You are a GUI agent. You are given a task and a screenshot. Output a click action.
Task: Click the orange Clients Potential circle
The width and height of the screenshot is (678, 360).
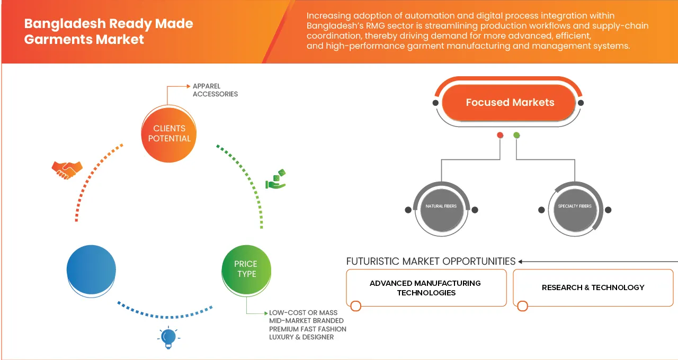[x=169, y=133]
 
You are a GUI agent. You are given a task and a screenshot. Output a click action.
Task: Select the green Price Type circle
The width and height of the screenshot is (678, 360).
[x=246, y=269]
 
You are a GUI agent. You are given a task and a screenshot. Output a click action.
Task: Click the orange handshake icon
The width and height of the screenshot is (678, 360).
[x=67, y=169]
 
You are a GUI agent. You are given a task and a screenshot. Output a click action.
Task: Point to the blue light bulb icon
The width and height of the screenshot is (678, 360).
[x=168, y=337]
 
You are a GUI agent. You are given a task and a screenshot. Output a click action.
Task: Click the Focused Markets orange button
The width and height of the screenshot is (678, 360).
[x=510, y=103]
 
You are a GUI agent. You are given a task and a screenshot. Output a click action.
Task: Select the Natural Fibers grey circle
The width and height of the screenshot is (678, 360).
[x=441, y=206]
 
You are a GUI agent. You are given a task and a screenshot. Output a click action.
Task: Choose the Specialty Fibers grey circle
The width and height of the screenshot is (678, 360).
[x=575, y=206]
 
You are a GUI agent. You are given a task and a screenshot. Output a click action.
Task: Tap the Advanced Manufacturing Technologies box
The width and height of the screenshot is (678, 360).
[x=426, y=288]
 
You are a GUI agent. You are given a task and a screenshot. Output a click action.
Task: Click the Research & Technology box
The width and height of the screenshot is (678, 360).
[x=593, y=287]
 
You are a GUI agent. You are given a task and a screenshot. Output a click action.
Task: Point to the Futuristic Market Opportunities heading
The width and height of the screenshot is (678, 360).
[x=431, y=261]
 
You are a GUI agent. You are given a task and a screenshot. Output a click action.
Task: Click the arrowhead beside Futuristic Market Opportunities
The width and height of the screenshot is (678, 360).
[x=521, y=261]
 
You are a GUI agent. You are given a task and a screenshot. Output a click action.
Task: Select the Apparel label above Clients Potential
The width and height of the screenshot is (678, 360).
[x=207, y=86]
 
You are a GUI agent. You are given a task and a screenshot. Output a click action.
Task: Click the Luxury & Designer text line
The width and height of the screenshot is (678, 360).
[x=301, y=337]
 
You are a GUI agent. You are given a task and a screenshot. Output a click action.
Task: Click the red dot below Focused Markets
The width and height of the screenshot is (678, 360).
[x=499, y=136]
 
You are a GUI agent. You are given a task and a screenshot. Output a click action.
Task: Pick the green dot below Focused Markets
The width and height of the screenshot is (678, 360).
[x=516, y=136]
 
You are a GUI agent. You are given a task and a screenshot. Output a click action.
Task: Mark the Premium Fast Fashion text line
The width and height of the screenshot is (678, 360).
[x=308, y=329]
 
